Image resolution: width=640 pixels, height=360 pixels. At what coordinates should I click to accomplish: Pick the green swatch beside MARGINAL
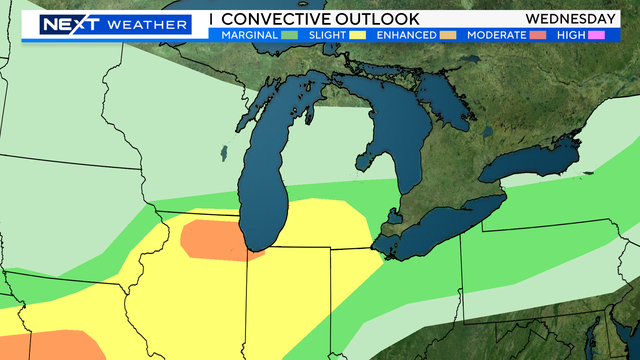[x=292, y=35]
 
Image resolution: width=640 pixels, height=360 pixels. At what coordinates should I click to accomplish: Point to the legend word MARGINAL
[x=250, y=35]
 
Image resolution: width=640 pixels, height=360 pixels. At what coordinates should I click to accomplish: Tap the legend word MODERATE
[x=497, y=35]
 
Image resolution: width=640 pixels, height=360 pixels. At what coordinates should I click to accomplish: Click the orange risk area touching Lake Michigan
[x=213, y=240]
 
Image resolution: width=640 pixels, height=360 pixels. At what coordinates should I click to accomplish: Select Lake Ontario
[x=545, y=155]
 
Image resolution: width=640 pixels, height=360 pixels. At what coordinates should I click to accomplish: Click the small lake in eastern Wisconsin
[x=221, y=154]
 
